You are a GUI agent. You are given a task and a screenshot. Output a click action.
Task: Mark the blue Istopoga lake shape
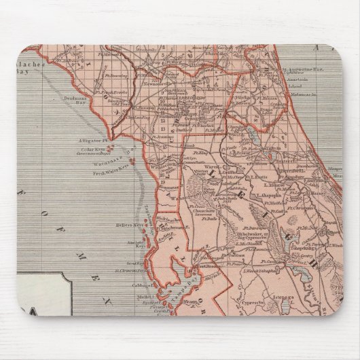(x=284, y=308)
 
